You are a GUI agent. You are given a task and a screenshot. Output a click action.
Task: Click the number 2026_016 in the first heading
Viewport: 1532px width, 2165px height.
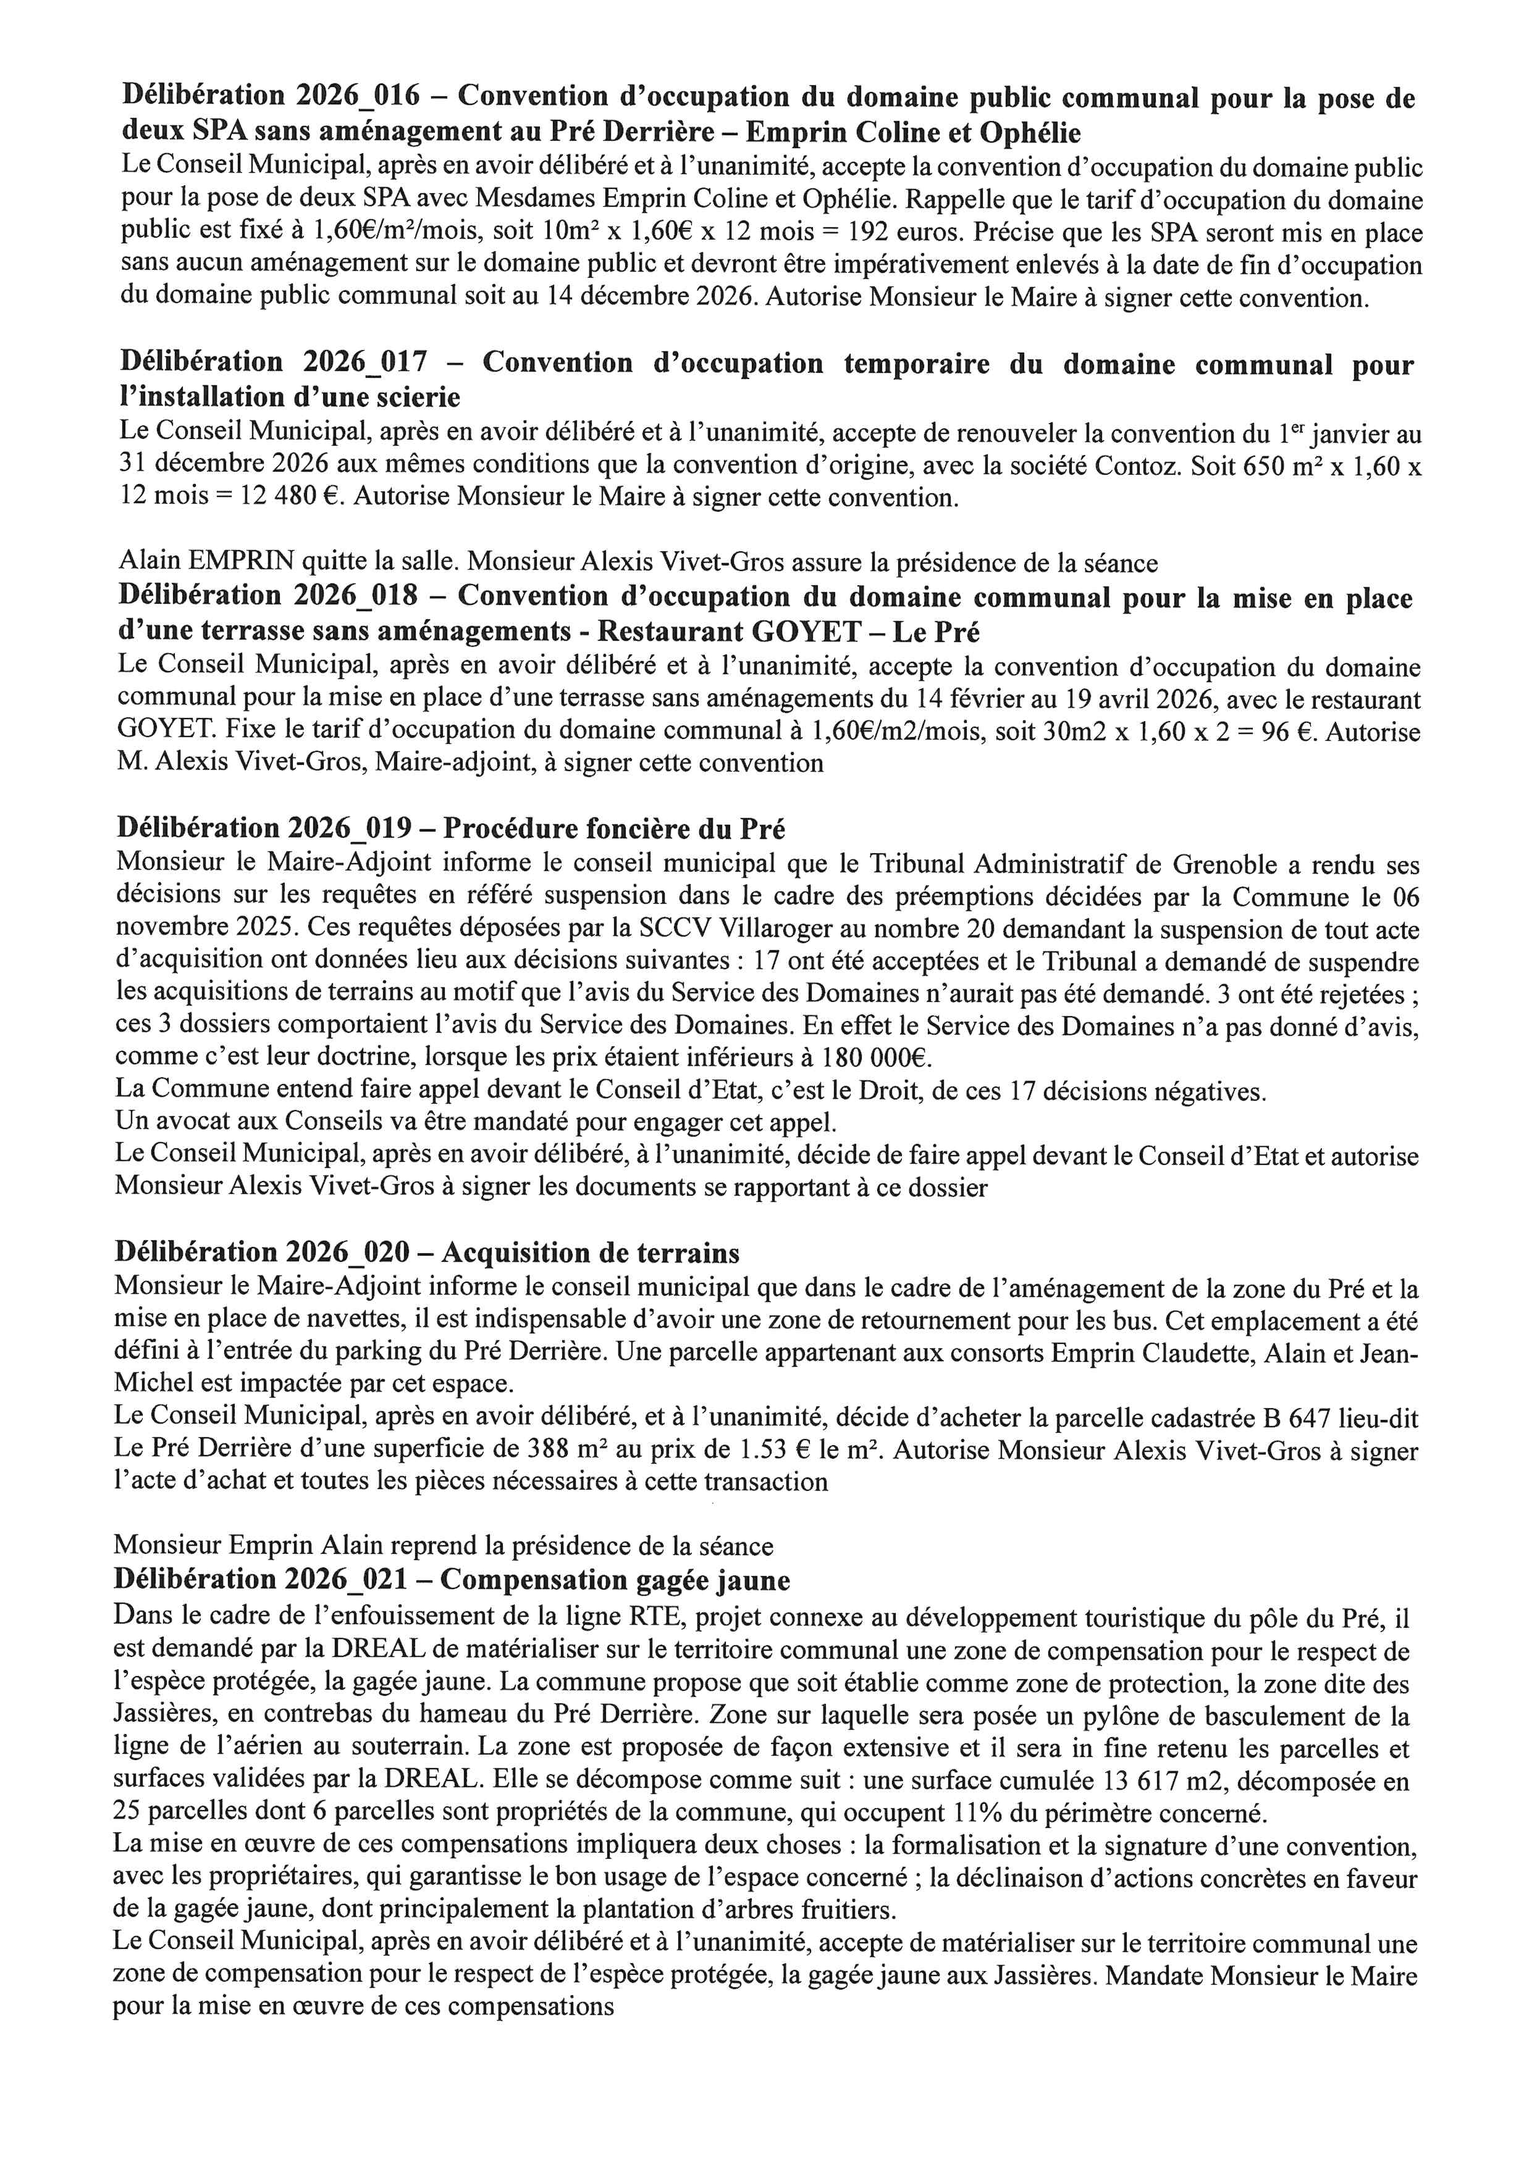pos(358,96)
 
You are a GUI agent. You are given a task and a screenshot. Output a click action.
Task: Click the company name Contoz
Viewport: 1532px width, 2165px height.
pos(1132,466)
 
